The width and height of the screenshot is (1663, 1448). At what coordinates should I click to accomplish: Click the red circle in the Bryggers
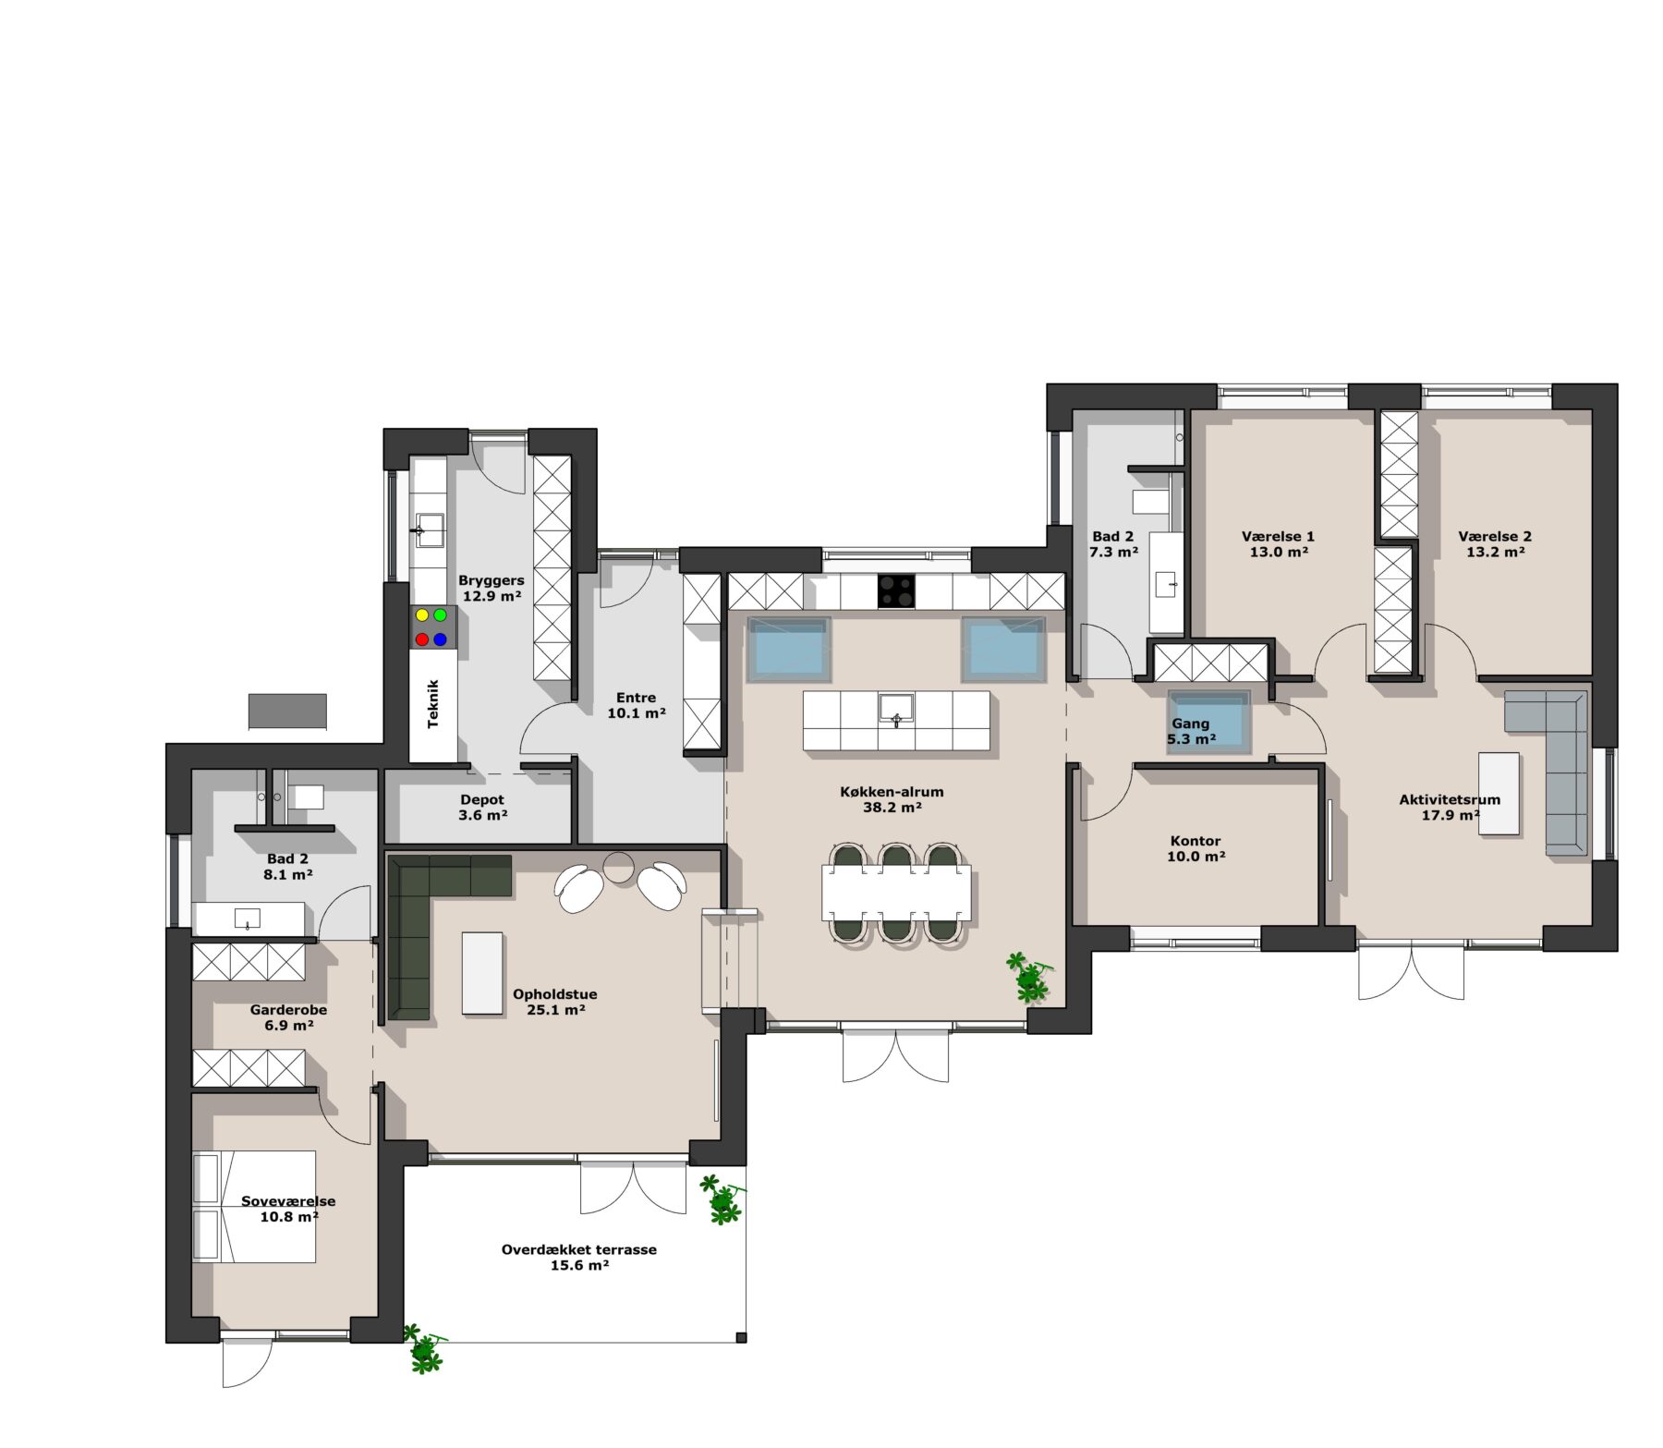tap(422, 639)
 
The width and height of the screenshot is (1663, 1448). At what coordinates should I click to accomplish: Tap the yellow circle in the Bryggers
tap(422, 614)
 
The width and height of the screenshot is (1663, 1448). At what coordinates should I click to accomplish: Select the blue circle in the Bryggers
tap(441, 639)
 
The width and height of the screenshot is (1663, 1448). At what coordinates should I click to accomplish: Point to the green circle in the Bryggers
tap(441, 614)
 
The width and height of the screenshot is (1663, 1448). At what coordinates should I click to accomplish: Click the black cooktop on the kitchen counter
tap(896, 590)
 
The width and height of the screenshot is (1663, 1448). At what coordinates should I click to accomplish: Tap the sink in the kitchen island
tap(896, 707)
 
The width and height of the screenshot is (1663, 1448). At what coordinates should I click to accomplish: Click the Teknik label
tap(433, 704)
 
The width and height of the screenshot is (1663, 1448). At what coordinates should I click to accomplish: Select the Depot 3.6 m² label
tap(482, 808)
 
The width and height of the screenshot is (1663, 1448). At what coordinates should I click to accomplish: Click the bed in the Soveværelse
tap(254, 1206)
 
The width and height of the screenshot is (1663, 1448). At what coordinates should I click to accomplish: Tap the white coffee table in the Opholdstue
tap(482, 972)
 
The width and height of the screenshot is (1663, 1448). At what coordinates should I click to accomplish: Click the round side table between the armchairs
tap(618, 867)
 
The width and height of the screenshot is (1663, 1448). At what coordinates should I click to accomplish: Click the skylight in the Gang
tap(1208, 722)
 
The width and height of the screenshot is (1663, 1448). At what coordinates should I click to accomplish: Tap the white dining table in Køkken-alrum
tap(896, 893)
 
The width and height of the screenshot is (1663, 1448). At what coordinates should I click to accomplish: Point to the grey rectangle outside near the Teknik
tap(287, 712)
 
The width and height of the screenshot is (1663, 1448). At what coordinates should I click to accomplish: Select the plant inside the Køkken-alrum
tap(1028, 978)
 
